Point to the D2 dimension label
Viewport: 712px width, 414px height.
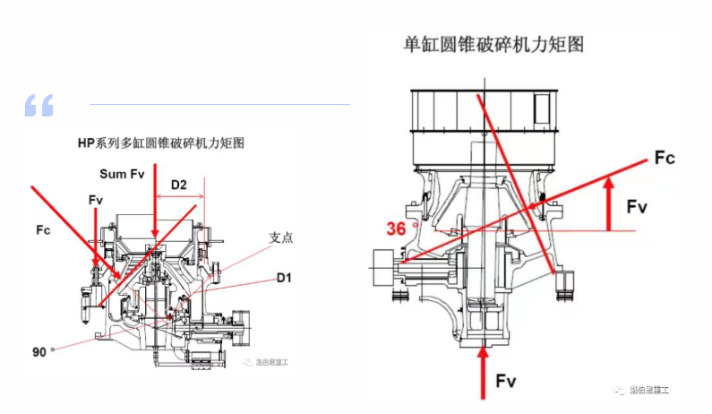[179, 185]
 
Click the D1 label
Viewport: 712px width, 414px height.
[284, 279]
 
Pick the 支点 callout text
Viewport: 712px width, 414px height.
[281, 238]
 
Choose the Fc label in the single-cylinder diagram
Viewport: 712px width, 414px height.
[664, 159]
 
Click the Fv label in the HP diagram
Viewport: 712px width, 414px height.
[96, 197]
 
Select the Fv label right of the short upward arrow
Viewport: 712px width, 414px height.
[637, 207]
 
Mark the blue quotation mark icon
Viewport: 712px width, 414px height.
[39, 105]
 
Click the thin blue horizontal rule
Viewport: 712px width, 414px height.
[219, 104]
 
